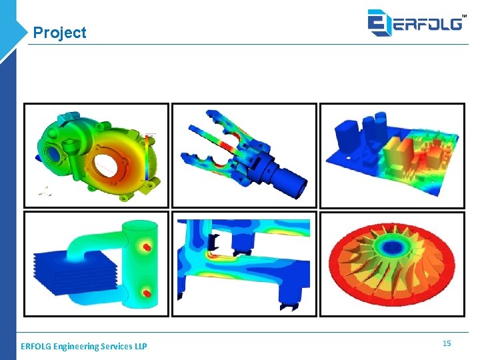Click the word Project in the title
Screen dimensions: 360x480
[x=59, y=33]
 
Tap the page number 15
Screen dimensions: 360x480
[x=447, y=343]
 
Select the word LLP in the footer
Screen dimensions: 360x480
[x=139, y=346]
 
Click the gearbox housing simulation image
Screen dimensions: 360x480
[x=97, y=155]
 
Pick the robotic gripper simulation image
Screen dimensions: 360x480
[x=244, y=155]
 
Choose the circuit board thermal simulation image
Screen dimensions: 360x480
[x=392, y=155]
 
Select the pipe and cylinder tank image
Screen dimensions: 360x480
[x=97, y=263]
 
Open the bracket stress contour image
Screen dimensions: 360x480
[x=244, y=263]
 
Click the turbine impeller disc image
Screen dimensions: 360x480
[x=392, y=263]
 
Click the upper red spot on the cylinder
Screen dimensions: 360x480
[x=147, y=248]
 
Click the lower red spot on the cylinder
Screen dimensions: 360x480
[x=147, y=293]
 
